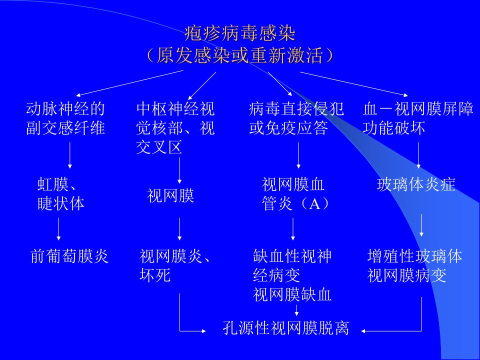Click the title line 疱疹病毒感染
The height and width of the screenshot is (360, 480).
[240, 33]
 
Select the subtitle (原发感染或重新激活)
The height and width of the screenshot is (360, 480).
[240, 55]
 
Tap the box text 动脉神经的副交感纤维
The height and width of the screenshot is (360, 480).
[65, 118]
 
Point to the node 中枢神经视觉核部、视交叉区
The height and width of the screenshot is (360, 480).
[175, 128]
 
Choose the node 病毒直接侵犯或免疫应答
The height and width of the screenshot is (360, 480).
[296, 118]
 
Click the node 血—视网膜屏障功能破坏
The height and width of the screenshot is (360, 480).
[418, 118]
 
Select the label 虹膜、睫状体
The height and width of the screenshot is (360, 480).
[61, 194]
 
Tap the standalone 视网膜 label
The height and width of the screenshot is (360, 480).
[170, 195]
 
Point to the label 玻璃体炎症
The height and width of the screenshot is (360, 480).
[416, 184]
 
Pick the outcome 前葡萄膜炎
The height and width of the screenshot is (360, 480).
[69, 256]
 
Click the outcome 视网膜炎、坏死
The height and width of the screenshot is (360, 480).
[175, 265]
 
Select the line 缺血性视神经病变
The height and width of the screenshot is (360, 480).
[292, 265]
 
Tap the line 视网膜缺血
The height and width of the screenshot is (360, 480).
[292, 294]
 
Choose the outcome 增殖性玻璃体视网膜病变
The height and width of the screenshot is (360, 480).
[415, 265]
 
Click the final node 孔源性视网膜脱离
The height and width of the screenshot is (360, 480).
[286, 328]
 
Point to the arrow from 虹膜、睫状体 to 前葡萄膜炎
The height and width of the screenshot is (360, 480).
[58, 229]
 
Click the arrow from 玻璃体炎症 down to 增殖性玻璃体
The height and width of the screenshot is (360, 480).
[421, 225]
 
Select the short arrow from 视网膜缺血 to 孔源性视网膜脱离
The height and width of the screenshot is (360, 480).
[296, 310]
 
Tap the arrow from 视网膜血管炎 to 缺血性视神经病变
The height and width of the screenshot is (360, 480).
[293, 229]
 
